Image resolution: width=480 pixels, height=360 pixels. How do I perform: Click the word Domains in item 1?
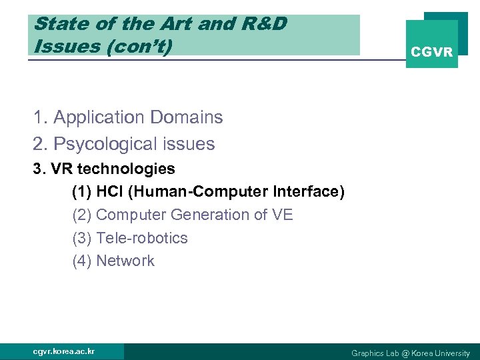[x=186, y=117]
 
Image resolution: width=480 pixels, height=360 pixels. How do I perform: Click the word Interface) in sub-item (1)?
[x=309, y=192]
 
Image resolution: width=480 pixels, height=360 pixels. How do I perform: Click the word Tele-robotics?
[x=142, y=238]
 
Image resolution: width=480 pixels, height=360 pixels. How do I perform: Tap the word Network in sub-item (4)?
[x=125, y=261]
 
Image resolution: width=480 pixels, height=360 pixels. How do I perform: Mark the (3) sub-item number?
[x=82, y=238]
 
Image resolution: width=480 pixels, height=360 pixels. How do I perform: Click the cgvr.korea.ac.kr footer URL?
[x=64, y=351]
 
